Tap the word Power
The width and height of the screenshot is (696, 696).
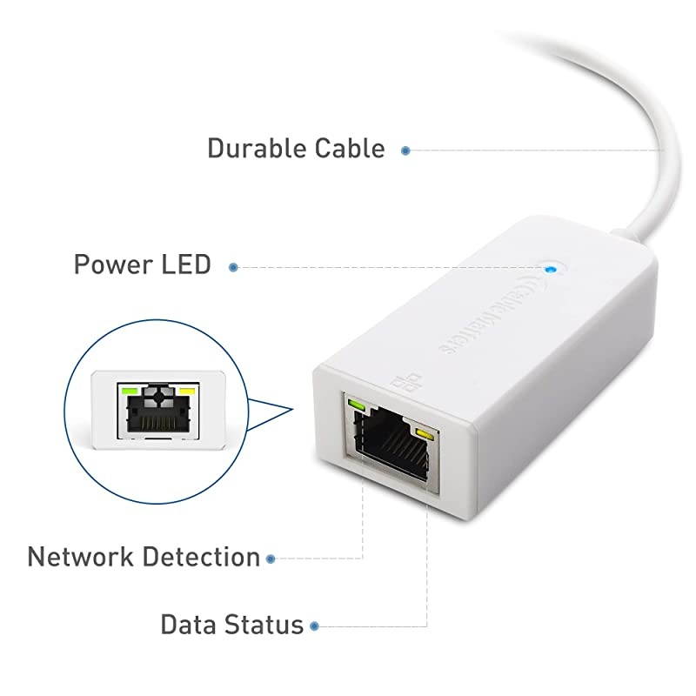click(110, 264)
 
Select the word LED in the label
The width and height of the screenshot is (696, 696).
click(186, 264)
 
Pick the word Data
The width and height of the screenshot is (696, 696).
click(188, 624)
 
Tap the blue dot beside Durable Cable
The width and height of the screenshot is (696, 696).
click(405, 151)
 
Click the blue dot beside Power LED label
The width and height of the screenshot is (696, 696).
click(233, 267)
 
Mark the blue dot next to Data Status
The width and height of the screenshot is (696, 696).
click(314, 626)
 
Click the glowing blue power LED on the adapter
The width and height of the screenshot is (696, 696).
click(548, 267)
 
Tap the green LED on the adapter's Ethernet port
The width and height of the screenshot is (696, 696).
click(357, 404)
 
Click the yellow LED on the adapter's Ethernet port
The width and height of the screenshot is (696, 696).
click(425, 434)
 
